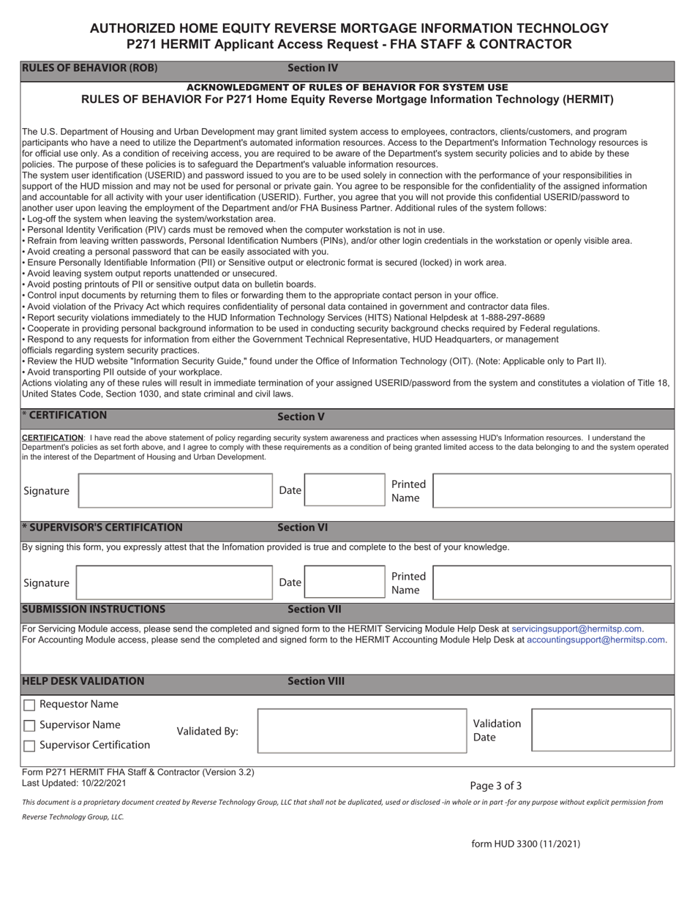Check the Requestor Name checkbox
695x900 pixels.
[29, 705]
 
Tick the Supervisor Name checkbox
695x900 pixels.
[29, 726]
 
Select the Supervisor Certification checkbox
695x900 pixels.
[29, 746]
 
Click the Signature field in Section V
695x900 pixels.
[174, 490]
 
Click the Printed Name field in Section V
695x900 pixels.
[552, 490]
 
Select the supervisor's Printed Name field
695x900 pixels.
[552, 582]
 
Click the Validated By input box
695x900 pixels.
[361, 730]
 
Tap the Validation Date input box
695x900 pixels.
[601, 730]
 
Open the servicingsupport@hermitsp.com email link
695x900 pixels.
[576, 629]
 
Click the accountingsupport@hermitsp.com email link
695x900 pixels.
[596, 640]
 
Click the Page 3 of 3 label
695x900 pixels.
[495, 786]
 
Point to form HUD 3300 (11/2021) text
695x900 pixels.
[525, 844]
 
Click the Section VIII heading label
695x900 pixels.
[315, 681]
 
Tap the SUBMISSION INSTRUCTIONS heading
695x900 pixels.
[94, 610]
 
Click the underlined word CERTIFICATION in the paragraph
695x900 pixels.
[53, 438]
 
